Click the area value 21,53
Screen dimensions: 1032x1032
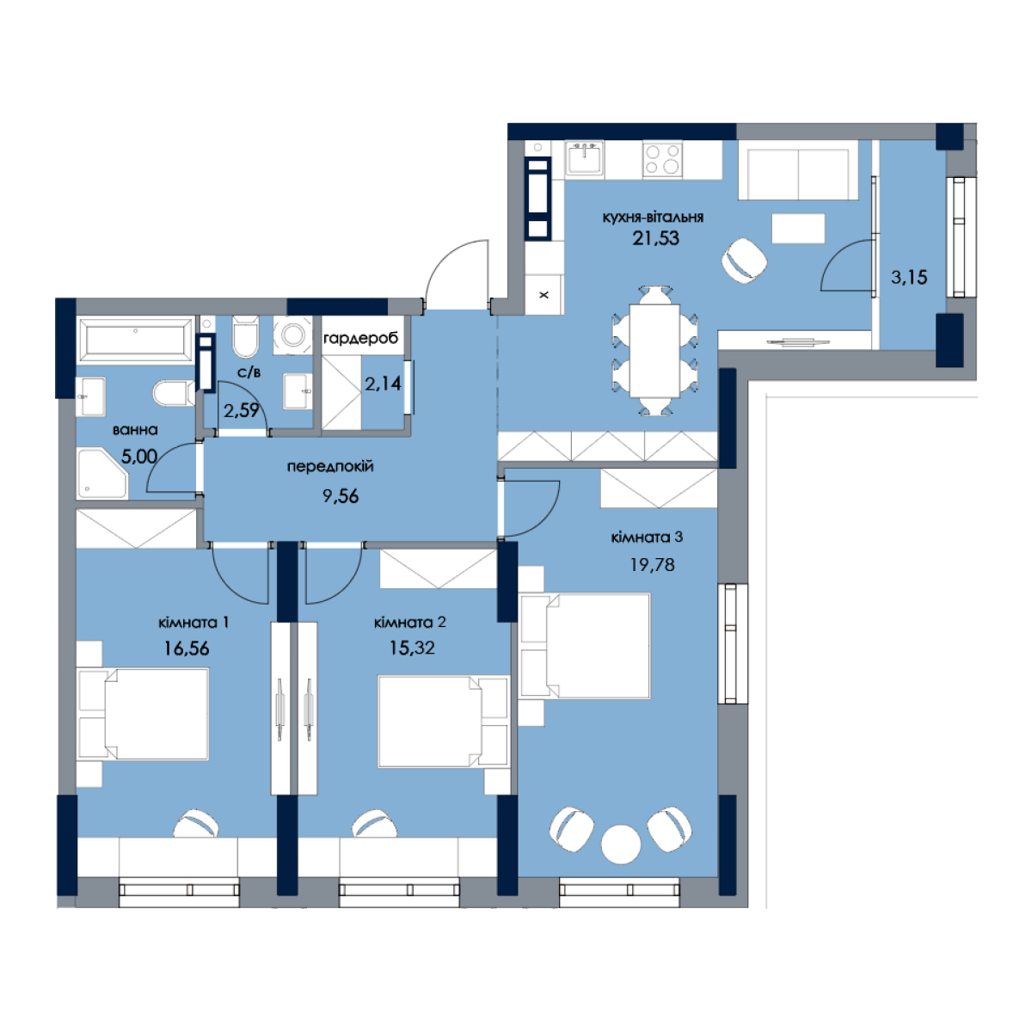655,237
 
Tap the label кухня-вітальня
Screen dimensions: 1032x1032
653,218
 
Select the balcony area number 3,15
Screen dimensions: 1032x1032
909,278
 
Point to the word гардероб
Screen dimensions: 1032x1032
361,339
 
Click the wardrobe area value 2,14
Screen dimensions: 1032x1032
383,384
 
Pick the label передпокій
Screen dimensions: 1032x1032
330,466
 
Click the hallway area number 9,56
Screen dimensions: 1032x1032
340,496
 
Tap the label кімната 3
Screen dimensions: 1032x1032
647,537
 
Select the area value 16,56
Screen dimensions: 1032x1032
187,648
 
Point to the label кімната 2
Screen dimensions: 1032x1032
409,623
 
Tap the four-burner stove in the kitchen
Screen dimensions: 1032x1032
662,159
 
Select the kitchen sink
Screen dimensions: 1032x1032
584,158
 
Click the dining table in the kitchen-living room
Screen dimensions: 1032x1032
654,351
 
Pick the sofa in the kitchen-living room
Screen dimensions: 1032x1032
798,170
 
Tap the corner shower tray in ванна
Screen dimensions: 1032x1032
102,473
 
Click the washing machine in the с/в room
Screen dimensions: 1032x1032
292,335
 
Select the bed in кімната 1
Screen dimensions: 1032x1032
143,713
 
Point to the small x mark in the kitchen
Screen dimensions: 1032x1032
544,295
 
